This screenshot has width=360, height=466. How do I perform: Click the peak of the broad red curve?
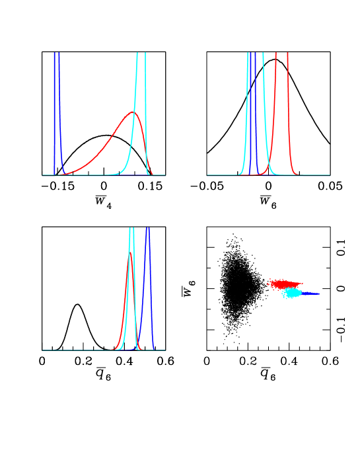click(x=133, y=112)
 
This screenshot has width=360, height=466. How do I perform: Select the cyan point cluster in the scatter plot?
click(x=291, y=292)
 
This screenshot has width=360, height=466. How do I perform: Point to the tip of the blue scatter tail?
click(x=319, y=293)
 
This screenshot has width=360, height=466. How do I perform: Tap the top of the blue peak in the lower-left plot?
click(x=148, y=229)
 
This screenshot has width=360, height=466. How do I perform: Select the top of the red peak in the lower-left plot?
click(x=129, y=254)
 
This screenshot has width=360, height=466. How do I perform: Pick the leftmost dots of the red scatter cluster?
click(x=269, y=283)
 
